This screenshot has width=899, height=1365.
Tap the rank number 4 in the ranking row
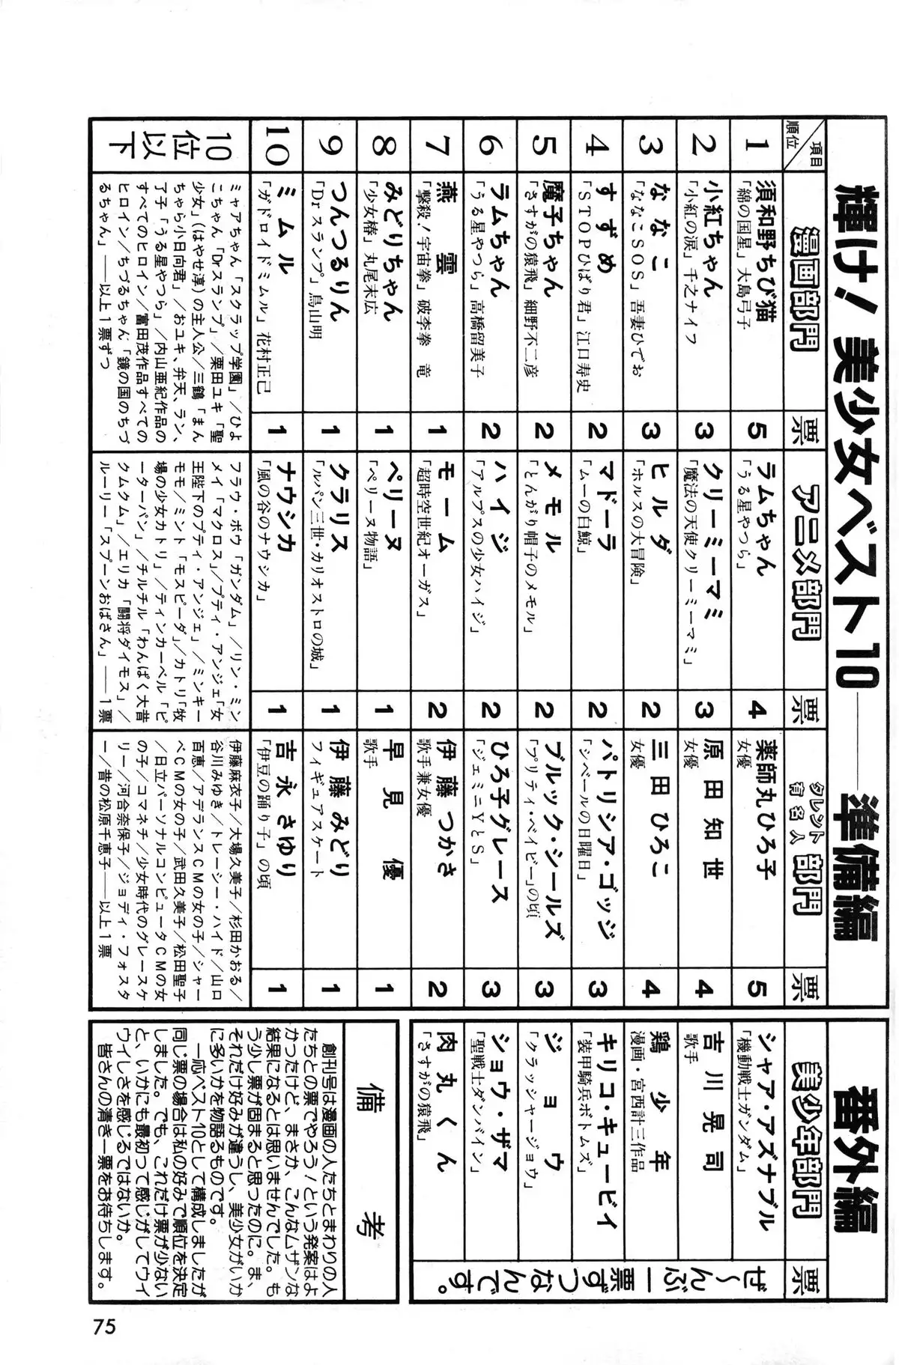(598, 145)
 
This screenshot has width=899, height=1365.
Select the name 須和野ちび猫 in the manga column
(763, 263)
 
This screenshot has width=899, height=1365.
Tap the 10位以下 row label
(172, 145)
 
